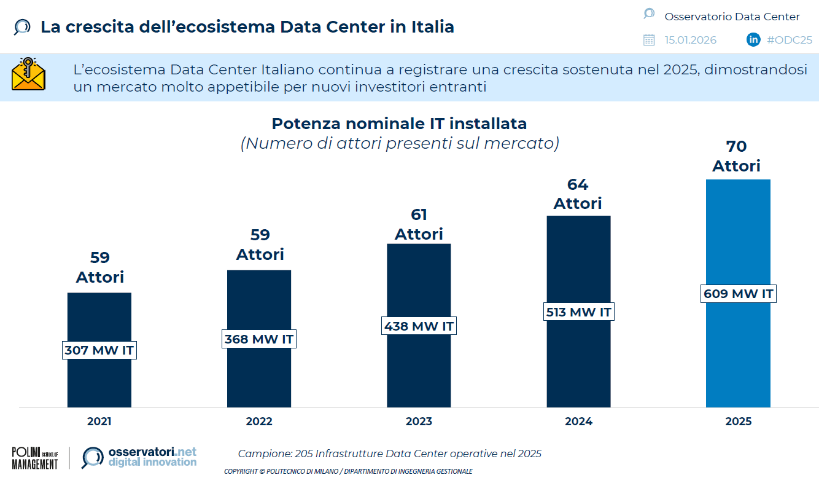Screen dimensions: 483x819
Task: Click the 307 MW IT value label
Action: (x=99, y=350)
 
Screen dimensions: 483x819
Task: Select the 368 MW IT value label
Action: (x=258, y=339)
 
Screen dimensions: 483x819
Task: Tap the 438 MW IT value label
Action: (x=419, y=326)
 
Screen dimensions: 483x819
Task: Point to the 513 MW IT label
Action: (x=578, y=312)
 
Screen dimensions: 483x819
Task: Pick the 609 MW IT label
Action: (x=738, y=294)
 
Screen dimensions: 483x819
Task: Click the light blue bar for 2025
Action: (x=738, y=234)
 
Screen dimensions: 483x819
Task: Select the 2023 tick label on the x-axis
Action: (x=419, y=422)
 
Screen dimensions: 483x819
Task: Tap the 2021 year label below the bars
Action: (x=99, y=422)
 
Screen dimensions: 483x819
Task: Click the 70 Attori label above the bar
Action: (x=736, y=156)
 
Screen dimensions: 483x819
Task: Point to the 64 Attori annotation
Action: (x=578, y=194)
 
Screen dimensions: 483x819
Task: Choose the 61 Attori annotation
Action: (x=419, y=224)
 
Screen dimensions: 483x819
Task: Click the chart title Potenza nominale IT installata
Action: (x=399, y=124)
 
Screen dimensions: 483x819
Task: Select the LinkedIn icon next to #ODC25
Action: (x=753, y=40)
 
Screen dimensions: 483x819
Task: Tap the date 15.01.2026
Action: (x=690, y=40)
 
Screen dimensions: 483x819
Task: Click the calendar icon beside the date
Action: (x=649, y=40)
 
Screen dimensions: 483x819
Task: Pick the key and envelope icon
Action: (x=28, y=75)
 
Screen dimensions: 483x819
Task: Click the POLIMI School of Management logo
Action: (x=34, y=458)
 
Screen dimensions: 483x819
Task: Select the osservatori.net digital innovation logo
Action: (x=139, y=457)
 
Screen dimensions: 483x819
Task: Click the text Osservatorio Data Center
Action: (x=732, y=17)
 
